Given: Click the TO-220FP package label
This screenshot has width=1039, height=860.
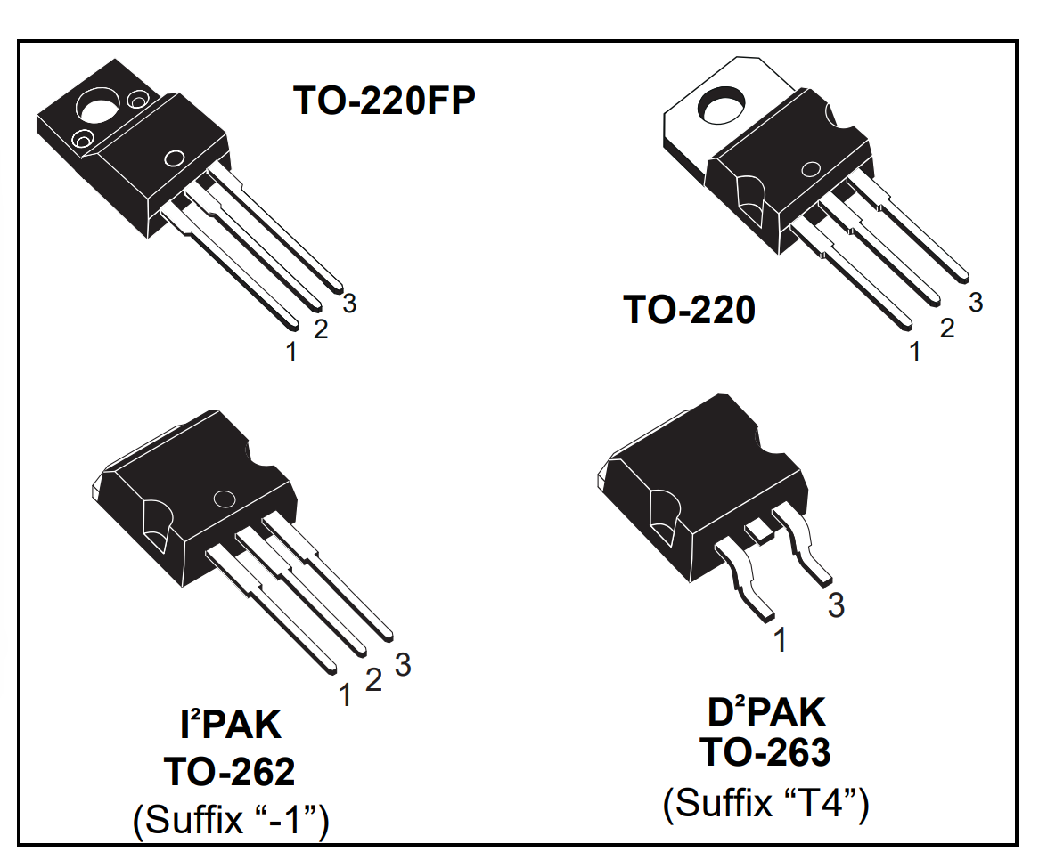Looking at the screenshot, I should click(x=384, y=101).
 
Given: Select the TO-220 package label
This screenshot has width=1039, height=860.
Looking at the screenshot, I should click(x=689, y=311).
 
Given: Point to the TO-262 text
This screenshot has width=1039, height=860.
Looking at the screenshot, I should click(x=228, y=772).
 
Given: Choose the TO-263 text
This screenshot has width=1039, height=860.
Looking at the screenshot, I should click(x=765, y=753).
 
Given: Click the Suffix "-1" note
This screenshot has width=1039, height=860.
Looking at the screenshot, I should click(x=230, y=820).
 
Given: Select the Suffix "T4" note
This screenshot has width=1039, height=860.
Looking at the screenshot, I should click(x=765, y=803).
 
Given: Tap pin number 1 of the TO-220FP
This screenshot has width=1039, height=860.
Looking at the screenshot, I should click(x=291, y=352).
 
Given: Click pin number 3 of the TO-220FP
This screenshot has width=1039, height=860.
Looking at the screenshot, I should click(x=349, y=304).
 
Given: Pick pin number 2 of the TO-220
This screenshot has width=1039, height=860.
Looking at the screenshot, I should click(x=947, y=329).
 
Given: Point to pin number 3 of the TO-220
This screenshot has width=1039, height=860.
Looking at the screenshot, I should click(x=976, y=303).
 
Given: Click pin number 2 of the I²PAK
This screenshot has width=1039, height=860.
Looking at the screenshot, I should click(x=374, y=680).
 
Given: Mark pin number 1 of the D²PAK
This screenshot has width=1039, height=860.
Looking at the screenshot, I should click(x=781, y=639).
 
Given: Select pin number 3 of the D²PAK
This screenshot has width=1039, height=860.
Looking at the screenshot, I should click(x=836, y=605).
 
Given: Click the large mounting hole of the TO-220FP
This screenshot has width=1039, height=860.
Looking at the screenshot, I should click(x=96, y=108).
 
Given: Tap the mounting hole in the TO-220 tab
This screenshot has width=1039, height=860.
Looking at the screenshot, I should click(x=720, y=109).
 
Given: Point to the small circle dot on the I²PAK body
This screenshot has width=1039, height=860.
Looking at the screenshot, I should click(x=223, y=501).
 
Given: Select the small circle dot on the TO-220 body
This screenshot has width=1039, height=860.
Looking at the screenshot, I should click(x=811, y=170).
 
